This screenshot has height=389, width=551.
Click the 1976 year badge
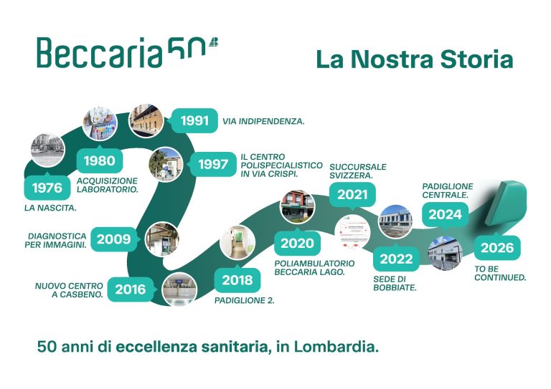coord(47,188)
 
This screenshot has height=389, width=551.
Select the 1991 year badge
coord(194,120)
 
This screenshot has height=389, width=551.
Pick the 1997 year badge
coord(213,164)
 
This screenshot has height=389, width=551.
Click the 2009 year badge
coord(115,239)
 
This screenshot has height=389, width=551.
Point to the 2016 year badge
coord(131,289)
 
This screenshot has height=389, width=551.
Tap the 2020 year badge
coord(297,243)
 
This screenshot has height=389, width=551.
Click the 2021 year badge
coord(352,194)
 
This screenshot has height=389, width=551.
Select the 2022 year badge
coord(397,259)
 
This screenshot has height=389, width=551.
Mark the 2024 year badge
coord(445,213)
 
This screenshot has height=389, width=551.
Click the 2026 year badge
coord(497,248)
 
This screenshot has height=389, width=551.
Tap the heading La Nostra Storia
coord(415,59)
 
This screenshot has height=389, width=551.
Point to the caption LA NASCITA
coord(50,209)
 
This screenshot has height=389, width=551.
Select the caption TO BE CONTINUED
coord(500,274)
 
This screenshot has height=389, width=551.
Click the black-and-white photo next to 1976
coord(47,150)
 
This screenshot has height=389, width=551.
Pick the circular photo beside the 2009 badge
coord(162,239)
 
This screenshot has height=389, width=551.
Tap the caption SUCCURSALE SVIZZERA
coord(357,171)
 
